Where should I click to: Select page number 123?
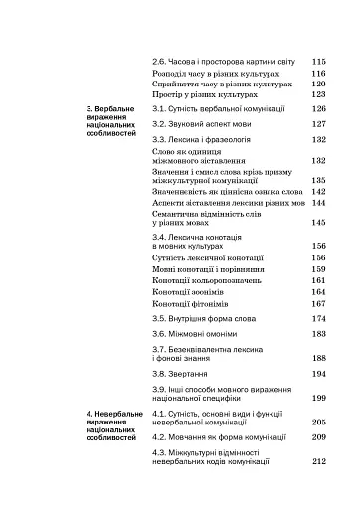point(319,95)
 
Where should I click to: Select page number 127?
point(319,124)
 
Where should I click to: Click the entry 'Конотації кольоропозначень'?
point(203,280)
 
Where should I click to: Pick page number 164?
point(319,292)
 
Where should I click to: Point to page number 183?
point(319,335)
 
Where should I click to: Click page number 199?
point(319,397)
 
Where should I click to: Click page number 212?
point(319,461)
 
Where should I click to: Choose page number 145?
point(319,223)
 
